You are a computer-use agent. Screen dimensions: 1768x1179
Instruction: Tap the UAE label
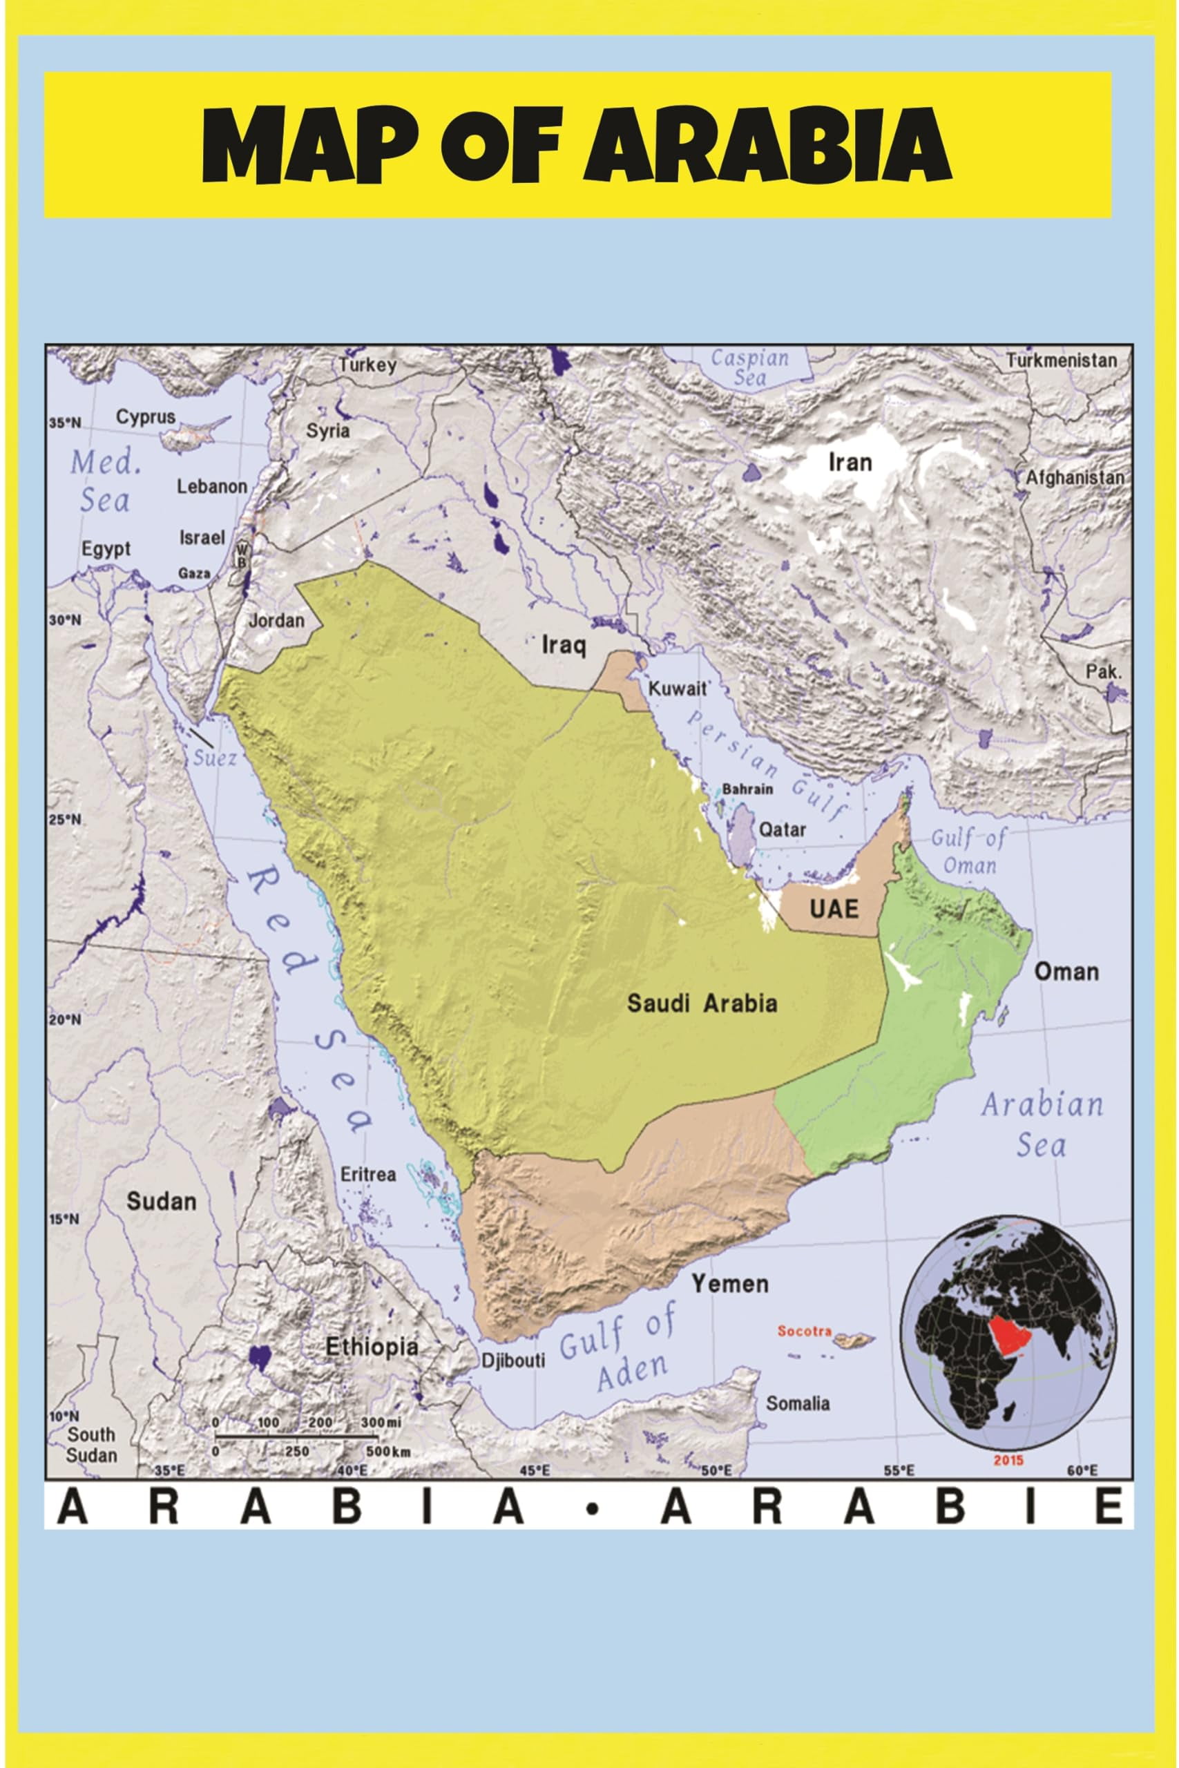pos(833,909)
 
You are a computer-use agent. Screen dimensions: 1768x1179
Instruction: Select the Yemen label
pos(730,1283)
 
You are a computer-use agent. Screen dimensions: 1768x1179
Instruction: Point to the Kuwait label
pos(678,688)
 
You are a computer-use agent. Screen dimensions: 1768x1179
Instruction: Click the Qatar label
pos(782,830)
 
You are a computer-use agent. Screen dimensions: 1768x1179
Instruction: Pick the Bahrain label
pos(747,789)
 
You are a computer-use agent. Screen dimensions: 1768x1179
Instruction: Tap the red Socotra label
pos(804,1332)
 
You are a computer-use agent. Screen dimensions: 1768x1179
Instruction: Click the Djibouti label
pos(512,1361)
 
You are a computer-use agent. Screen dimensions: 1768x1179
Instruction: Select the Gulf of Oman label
pos(968,851)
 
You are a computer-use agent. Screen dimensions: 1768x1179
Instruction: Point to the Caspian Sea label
pos(749,367)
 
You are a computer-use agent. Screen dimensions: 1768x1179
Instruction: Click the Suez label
pos(215,758)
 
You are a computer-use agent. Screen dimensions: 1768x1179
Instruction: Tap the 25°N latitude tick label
pos(66,818)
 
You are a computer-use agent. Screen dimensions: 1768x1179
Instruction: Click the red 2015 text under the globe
pos(1008,1461)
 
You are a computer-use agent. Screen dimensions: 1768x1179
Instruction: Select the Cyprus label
pos(146,417)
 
